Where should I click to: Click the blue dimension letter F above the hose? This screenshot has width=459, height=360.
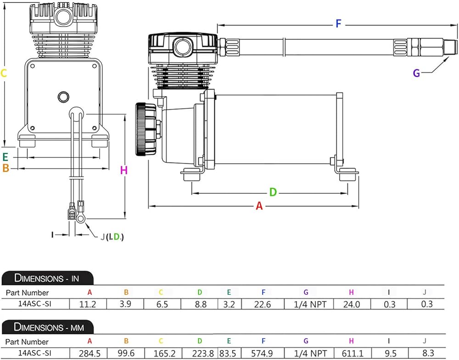point(338,23)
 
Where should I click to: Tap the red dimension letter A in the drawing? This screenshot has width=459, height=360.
point(259,206)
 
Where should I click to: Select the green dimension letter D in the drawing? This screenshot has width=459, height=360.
point(273,192)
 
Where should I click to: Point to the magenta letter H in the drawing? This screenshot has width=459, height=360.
point(124,170)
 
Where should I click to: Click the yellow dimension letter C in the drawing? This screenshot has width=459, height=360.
point(4,73)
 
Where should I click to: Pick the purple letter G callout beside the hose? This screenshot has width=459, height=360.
point(416,73)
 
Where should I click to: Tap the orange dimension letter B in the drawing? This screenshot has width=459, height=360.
point(6,168)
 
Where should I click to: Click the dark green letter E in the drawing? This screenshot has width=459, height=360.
point(5,157)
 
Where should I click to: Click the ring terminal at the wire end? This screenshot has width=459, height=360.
point(80,218)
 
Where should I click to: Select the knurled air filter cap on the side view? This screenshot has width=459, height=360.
point(146,129)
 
